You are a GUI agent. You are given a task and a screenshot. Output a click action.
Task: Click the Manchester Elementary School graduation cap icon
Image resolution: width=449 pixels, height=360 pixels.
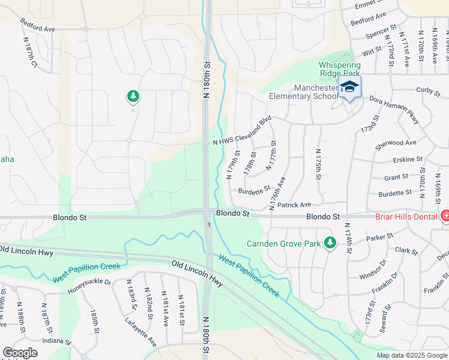pyautogui.click(x=349, y=88)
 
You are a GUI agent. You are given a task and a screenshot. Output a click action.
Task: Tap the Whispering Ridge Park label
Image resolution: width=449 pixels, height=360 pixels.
pyautogui.click(x=340, y=69)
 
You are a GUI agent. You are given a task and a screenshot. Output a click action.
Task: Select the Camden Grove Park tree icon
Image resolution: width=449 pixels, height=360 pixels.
pyautogui.click(x=329, y=242)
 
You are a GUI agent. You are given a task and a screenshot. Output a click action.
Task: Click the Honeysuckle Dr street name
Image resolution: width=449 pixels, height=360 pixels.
pyautogui.click(x=89, y=282)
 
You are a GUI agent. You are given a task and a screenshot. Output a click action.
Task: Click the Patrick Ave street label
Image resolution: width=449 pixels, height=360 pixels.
pyautogui.click(x=294, y=205)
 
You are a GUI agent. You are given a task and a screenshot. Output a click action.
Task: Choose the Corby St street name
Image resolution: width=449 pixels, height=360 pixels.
pyautogui.click(x=428, y=90)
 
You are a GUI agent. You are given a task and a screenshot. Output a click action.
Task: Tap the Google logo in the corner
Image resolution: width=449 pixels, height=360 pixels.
pyautogui.click(x=20, y=353)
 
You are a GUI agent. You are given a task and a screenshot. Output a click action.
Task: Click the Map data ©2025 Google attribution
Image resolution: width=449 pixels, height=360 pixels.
pyautogui.click(x=411, y=355)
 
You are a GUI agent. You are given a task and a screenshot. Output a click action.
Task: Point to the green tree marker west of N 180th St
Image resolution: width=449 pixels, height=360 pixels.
pyautogui.click(x=133, y=95)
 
